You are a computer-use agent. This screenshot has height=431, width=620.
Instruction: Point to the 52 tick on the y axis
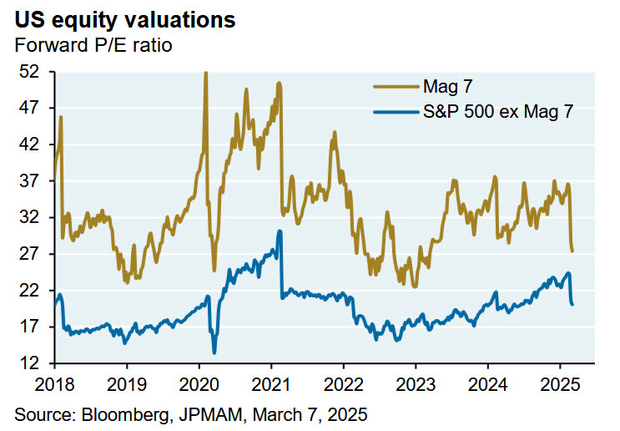tap(31, 72)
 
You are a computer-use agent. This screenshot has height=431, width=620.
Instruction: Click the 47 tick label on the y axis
tap(31, 108)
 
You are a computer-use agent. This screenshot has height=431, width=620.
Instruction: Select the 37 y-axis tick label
tap(31, 180)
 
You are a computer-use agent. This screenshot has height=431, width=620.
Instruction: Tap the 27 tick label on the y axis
tap(31, 254)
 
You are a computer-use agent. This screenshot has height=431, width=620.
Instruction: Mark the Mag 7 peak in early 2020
tap(205, 74)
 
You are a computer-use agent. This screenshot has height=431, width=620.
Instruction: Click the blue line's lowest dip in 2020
tap(214, 352)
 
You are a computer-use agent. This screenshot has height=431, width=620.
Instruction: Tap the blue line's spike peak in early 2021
tap(280, 231)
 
